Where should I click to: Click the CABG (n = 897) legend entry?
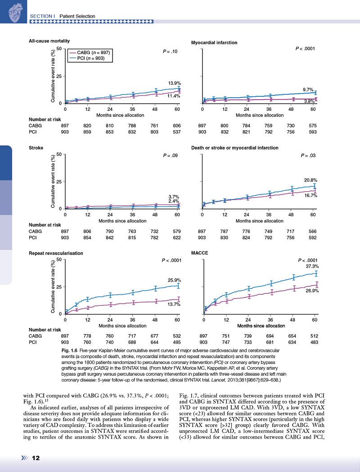click(x=91, y=53)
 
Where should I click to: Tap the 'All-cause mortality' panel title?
click(x=49, y=41)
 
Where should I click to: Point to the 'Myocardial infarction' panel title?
click(x=214, y=43)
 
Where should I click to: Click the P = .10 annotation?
click(x=171, y=52)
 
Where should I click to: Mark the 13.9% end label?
click(x=175, y=83)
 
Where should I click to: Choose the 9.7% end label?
click(x=307, y=90)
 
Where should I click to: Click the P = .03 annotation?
click(x=308, y=155)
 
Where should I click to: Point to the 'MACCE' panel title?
click(x=199, y=254)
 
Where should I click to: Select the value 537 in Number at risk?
click(x=176, y=132)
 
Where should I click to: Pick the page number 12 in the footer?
click(x=36, y=458)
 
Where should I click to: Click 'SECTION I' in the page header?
click(x=42, y=16)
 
